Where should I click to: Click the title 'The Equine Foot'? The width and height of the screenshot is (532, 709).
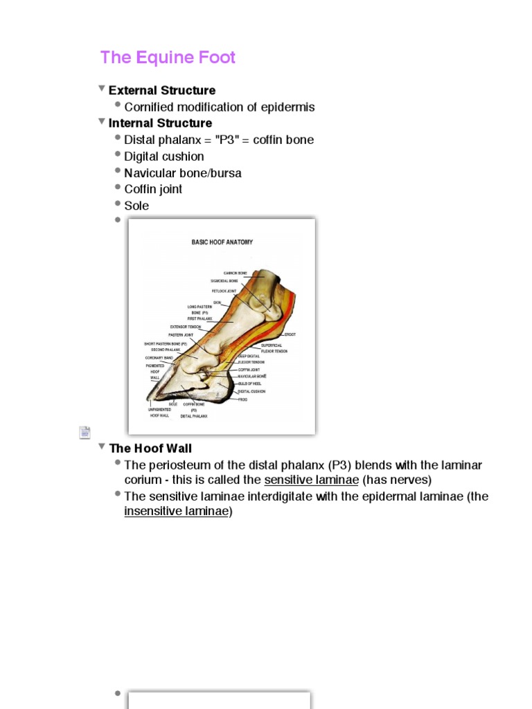click(x=168, y=57)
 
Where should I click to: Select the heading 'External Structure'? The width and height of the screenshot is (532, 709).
click(x=161, y=90)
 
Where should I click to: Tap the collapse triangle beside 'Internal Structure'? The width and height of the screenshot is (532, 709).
click(x=102, y=122)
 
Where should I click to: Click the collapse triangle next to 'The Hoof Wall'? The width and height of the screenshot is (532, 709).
click(x=102, y=447)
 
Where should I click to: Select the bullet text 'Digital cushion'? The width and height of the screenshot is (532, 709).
click(x=163, y=156)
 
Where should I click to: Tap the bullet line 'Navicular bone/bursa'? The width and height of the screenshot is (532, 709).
click(x=182, y=173)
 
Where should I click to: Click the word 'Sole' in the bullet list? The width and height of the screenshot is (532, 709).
click(x=136, y=206)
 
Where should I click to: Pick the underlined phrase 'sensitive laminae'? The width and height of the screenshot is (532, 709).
click(x=311, y=480)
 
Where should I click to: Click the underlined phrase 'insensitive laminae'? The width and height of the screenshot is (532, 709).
click(x=176, y=512)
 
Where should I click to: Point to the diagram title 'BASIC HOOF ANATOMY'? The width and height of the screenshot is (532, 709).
click(x=222, y=242)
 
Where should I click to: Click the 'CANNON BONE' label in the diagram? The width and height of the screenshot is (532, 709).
click(x=235, y=273)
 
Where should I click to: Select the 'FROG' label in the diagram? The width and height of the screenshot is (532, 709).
click(x=242, y=400)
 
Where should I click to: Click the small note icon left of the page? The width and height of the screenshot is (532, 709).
click(x=85, y=433)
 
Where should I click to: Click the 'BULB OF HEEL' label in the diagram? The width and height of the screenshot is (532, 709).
click(x=251, y=384)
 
